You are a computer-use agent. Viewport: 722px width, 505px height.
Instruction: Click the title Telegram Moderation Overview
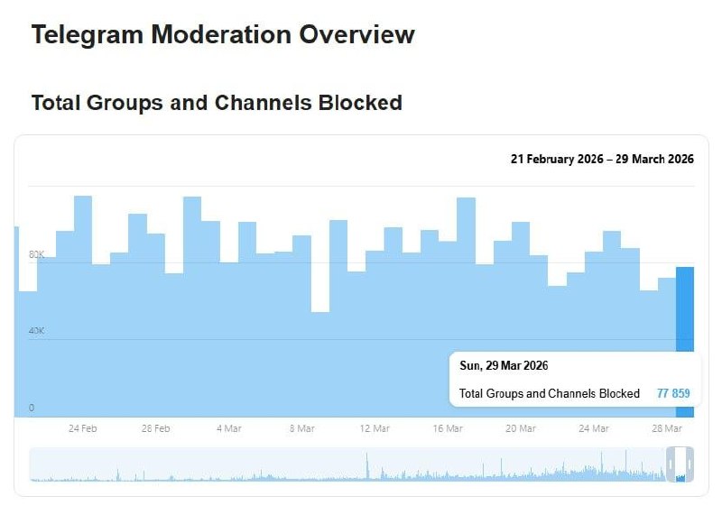click(223, 35)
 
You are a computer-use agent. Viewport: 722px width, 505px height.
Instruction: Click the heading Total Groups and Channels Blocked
click(217, 103)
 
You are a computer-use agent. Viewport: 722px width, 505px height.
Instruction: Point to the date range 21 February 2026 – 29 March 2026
click(602, 159)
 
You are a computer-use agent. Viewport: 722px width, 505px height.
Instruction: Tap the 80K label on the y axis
click(37, 254)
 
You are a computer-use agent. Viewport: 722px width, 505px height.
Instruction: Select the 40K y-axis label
click(37, 331)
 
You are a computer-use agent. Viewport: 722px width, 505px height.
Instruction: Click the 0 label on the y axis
click(32, 408)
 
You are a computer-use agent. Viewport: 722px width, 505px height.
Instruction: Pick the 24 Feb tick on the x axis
click(83, 429)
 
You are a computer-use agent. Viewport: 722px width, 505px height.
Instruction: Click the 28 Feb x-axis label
click(156, 429)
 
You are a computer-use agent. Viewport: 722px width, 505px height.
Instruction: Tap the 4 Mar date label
click(228, 429)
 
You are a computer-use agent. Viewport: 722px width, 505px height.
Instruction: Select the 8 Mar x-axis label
click(301, 429)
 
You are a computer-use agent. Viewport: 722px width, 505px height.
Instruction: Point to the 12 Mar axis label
click(375, 429)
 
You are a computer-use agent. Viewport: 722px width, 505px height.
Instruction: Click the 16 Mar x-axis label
click(448, 429)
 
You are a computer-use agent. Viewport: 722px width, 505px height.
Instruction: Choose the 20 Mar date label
click(521, 429)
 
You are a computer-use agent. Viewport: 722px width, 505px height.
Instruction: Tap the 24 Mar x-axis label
click(594, 429)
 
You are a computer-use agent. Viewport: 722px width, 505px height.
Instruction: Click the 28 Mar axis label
click(666, 429)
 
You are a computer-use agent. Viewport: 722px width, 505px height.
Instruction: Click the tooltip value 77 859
click(673, 393)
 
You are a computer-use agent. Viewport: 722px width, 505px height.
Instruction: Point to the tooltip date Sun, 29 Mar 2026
click(504, 366)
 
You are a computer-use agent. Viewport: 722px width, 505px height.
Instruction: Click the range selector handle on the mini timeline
click(680, 464)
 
